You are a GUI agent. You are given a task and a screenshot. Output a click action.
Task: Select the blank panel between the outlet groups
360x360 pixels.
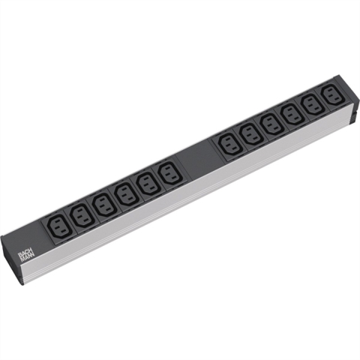[x=200, y=158]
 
